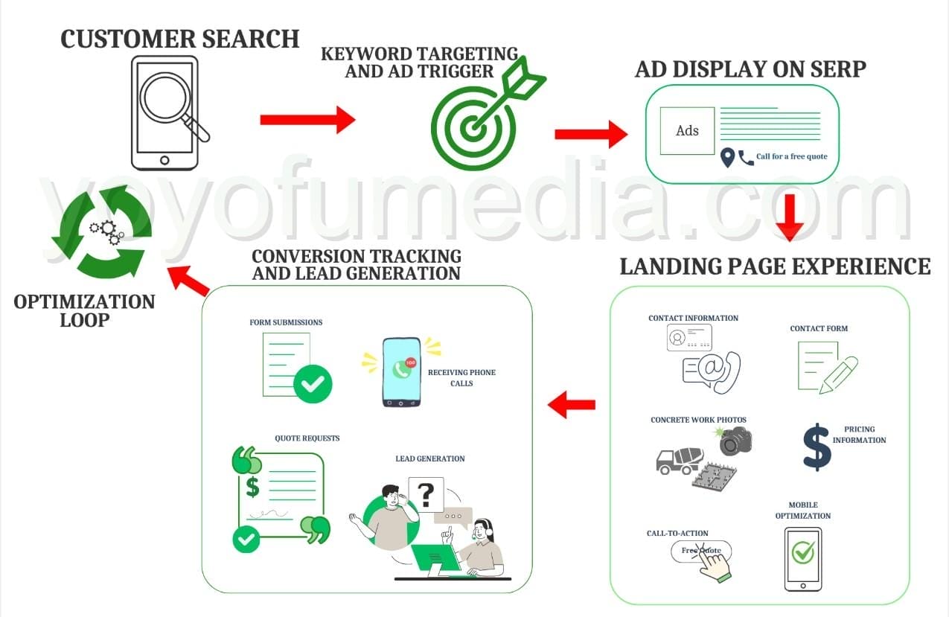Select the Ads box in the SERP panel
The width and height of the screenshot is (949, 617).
687,130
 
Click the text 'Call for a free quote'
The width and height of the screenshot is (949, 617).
791,157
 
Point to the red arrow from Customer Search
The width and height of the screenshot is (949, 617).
307,119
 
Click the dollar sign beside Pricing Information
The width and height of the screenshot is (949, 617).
817,446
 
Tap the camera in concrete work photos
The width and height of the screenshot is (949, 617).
735,441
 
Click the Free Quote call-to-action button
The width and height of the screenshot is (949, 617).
701,552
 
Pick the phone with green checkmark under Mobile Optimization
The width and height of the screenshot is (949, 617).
802,559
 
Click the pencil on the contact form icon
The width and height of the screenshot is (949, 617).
838,374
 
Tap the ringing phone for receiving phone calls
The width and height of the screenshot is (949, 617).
401,372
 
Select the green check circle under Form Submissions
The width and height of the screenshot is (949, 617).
313,384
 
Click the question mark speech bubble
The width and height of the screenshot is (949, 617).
426,494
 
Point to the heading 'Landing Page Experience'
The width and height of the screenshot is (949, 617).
775,266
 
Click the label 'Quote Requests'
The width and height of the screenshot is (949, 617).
307,438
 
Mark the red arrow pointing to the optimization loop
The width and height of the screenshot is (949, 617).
188,280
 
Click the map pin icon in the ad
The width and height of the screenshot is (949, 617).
727,158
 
